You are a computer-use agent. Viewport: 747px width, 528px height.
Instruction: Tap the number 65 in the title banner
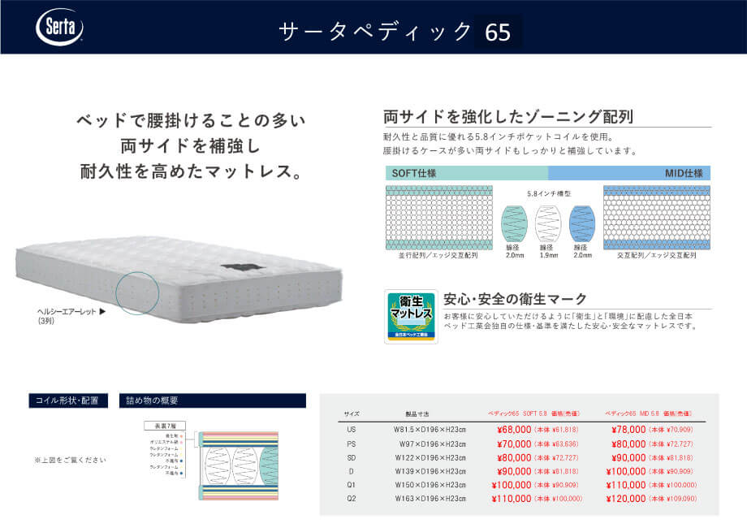pos(498,32)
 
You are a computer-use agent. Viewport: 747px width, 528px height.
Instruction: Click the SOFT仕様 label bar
pos(467,173)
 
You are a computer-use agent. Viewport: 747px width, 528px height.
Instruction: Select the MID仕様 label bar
pos(629,173)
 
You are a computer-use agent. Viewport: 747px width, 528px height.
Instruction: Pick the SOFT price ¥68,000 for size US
pos(514,429)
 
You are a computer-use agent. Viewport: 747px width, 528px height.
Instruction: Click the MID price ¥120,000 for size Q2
pos(627,499)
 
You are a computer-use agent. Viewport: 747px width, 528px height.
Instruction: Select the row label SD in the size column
pos(352,457)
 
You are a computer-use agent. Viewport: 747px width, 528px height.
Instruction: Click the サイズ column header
pos(352,413)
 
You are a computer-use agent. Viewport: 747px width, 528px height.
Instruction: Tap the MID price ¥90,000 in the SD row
pos(627,457)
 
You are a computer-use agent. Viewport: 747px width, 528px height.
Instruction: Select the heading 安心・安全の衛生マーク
pos(514,299)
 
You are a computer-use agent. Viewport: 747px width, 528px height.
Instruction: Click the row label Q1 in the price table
pos(352,484)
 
